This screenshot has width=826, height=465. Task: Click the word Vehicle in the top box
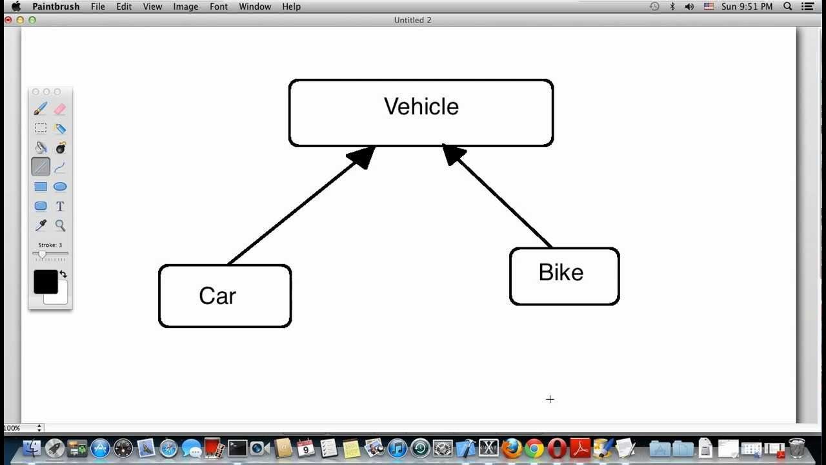tap(421, 107)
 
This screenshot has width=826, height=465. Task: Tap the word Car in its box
tap(217, 296)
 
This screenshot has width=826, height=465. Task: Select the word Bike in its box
tap(561, 273)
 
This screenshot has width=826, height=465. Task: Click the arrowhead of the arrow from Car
tap(362, 157)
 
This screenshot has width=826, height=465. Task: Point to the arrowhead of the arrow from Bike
tap(454, 156)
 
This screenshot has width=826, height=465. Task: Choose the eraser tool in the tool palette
tap(60, 109)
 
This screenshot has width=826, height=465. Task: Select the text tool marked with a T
tap(60, 206)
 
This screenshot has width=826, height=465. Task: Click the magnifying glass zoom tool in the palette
tap(60, 225)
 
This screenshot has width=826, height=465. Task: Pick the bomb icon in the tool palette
tap(60, 148)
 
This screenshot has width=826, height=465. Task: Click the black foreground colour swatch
tap(46, 282)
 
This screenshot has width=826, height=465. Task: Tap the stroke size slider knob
tap(43, 254)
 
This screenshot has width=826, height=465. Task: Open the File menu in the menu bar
tap(98, 6)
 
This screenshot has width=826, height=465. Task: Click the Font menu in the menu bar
tap(219, 6)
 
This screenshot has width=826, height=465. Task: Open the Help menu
tap(291, 6)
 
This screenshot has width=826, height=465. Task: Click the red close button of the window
tap(8, 20)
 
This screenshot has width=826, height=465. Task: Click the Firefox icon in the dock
tap(512, 448)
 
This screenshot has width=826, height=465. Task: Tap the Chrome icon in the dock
tap(534, 448)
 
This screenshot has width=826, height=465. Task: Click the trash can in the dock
tap(797, 448)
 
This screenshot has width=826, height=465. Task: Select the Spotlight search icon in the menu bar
tap(788, 6)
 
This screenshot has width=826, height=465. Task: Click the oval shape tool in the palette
tap(60, 187)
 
